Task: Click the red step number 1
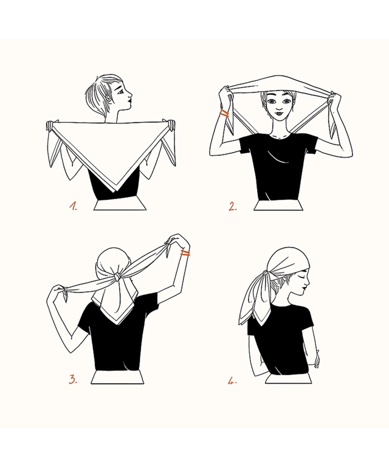click(x=73, y=206)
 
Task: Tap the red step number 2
click(x=233, y=206)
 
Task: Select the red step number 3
click(x=73, y=379)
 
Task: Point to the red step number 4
click(x=232, y=381)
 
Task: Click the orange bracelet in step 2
click(x=224, y=114)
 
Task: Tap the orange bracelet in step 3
click(x=185, y=254)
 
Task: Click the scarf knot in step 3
click(x=117, y=277)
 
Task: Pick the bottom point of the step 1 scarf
click(x=117, y=191)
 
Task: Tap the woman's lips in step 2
click(x=278, y=113)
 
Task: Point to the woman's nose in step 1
click(x=130, y=95)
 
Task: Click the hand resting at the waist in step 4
click(x=316, y=358)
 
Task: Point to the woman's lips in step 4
click(x=305, y=289)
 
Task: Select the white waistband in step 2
click(x=279, y=205)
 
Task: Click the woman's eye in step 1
click(x=120, y=92)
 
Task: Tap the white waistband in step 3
click(x=117, y=378)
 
